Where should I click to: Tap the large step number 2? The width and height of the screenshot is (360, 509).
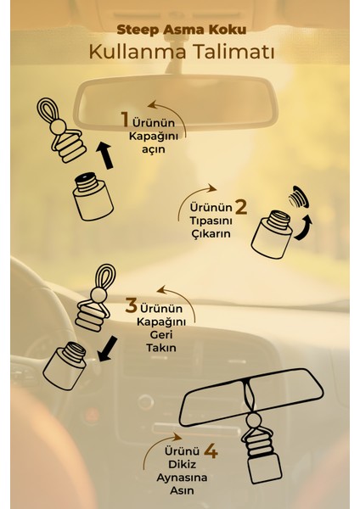[240, 206]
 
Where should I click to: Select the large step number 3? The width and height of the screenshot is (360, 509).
[132, 303]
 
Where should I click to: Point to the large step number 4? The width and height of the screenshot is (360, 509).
[211, 451]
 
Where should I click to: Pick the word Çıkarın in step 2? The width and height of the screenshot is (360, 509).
[209, 235]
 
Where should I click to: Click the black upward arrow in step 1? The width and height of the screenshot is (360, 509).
[105, 154]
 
